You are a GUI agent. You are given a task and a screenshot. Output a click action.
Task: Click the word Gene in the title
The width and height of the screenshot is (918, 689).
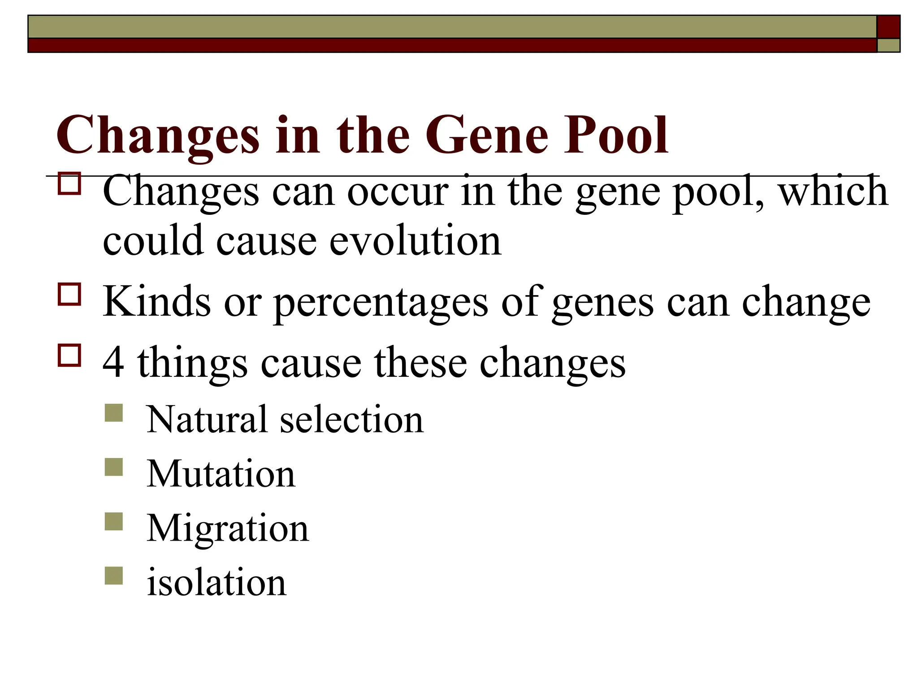click(x=487, y=135)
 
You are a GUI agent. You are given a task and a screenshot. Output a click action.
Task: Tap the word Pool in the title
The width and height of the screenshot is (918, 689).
click(x=616, y=135)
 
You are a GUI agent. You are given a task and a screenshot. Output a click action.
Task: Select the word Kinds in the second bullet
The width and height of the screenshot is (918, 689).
click(x=156, y=301)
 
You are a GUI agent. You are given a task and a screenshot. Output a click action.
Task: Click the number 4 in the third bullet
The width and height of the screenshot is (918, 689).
click(x=113, y=362)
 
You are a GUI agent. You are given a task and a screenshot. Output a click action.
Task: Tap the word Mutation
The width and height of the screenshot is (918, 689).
click(x=221, y=474)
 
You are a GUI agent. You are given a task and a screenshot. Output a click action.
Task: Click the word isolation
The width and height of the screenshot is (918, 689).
click(x=217, y=582)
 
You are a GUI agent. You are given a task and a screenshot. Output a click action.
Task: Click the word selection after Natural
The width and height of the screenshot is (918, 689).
click(x=352, y=419)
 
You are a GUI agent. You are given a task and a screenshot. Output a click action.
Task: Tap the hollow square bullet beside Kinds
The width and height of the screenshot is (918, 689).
click(x=69, y=294)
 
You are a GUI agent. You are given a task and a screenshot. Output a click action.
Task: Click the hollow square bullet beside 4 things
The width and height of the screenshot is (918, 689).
click(x=69, y=355)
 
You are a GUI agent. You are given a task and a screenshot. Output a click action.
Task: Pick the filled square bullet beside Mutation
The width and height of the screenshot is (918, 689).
click(x=114, y=467)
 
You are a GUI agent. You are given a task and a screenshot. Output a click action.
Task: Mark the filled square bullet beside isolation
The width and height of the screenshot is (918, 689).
click(x=114, y=576)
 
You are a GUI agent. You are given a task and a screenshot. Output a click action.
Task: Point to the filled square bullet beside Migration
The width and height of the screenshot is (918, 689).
click(x=114, y=522)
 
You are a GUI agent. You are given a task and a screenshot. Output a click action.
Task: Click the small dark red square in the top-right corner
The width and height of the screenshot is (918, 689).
click(x=888, y=27)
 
